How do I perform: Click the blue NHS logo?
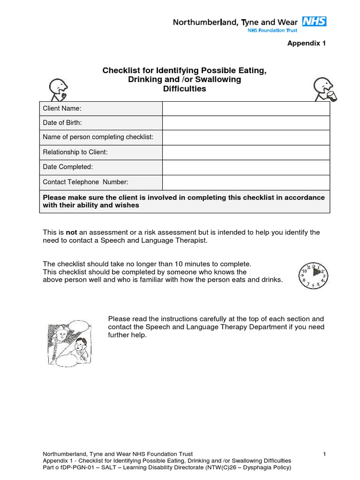click(x=314, y=21)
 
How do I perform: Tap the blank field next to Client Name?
click(x=246, y=109)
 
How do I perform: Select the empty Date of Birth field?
click(x=246, y=123)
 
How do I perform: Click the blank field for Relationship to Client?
click(x=246, y=152)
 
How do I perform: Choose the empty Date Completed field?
click(x=246, y=167)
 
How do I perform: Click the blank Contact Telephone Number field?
click(x=246, y=182)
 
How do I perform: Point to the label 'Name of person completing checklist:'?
click(x=98, y=137)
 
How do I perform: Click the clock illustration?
click(x=313, y=276)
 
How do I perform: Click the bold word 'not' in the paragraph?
click(x=71, y=232)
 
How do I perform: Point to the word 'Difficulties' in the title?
click(x=184, y=89)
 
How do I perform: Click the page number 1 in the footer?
click(x=324, y=454)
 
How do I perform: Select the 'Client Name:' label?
click(x=62, y=109)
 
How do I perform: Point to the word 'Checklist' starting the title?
click(x=120, y=70)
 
